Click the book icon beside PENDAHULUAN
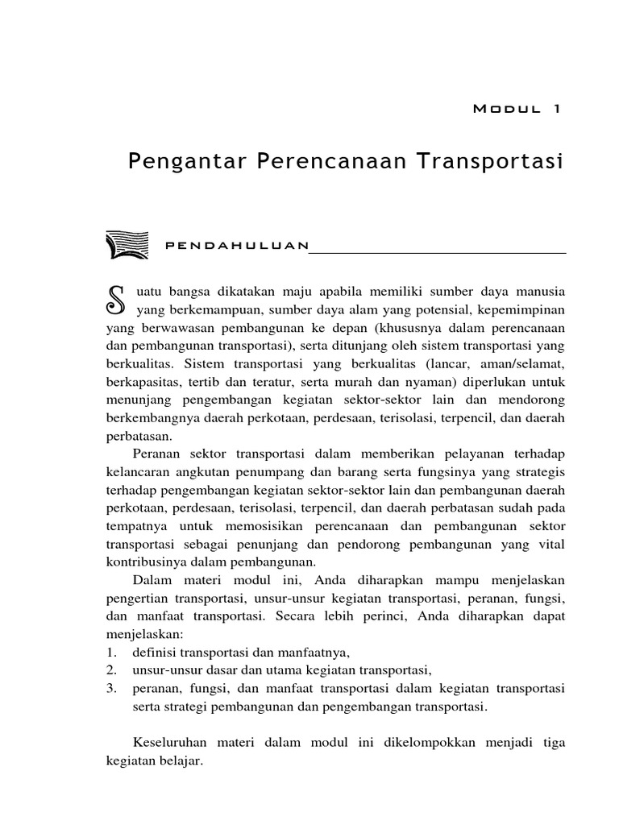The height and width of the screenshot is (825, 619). pyautogui.click(x=126, y=244)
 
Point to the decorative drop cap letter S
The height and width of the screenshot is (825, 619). pyautogui.click(x=118, y=299)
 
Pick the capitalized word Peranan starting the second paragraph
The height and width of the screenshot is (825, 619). pyautogui.click(x=157, y=454)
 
